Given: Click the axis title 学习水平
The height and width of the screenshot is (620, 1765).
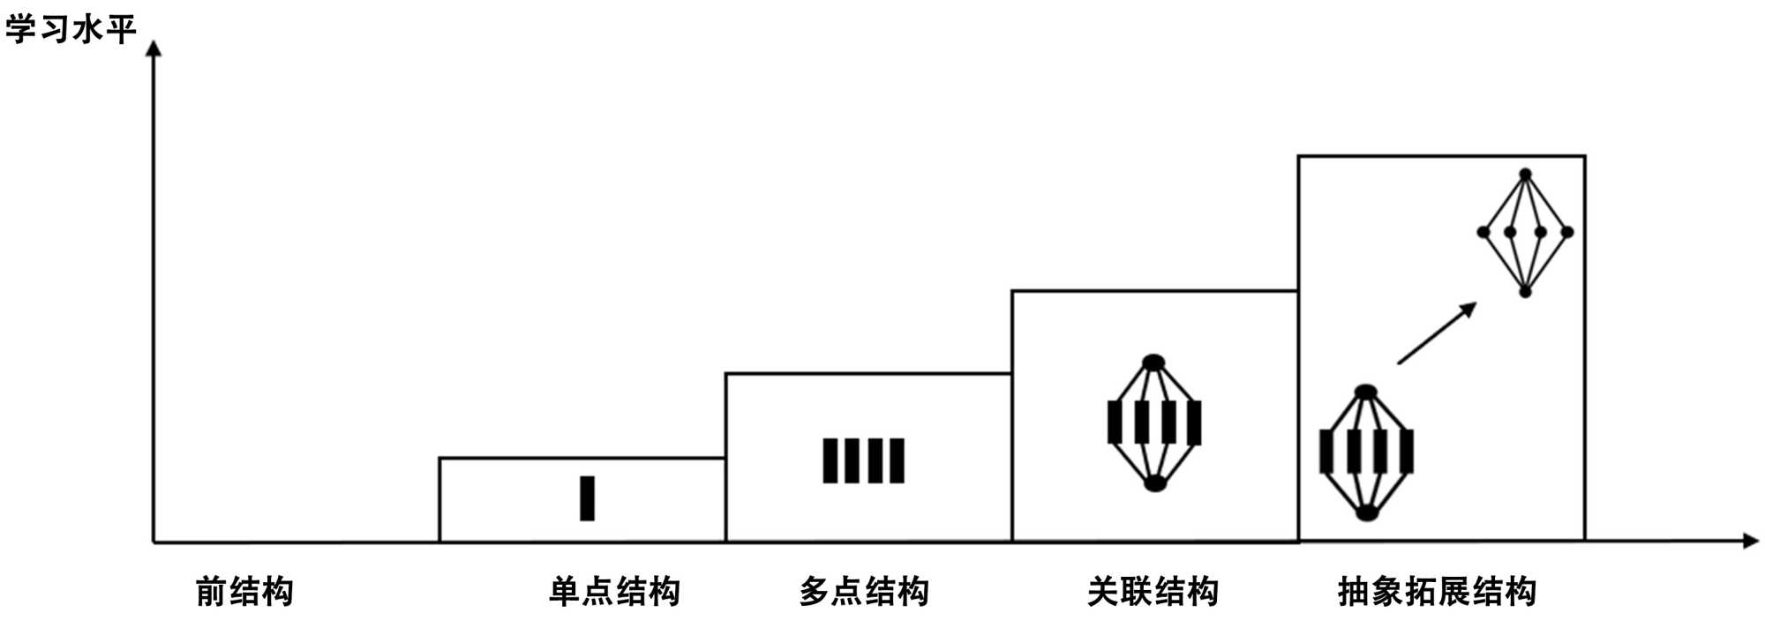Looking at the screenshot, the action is pyautogui.click(x=71, y=29).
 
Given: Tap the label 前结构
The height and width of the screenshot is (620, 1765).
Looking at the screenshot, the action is pyautogui.click(x=244, y=591).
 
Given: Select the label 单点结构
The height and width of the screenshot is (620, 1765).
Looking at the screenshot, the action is pyautogui.click(x=614, y=591).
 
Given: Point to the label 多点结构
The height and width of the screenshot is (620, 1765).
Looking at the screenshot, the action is pyautogui.click(x=864, y=591).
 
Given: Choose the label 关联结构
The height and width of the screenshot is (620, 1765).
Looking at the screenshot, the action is pyautogui.click(x=1153, y=591).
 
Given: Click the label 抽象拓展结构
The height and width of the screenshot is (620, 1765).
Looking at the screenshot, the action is pyautogui.click(x=1437, y=591).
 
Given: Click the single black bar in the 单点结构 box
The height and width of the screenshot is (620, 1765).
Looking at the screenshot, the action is pyautogui.click(x=587, y=498).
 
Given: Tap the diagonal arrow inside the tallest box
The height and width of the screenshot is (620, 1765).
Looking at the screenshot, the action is pyautogui.click(x=1437, y=333).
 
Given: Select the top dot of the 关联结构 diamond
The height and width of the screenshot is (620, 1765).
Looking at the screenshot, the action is pyautogui.click(x=1153, y=362).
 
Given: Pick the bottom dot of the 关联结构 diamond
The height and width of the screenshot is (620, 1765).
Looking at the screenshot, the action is pyautogui.click(x=1155, y=483).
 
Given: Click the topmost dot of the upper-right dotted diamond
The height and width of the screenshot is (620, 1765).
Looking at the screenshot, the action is pyautogui.click(x=1525, y=175).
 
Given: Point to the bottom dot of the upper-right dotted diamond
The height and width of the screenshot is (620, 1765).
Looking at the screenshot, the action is pyautogui.click(x=1525, y=291).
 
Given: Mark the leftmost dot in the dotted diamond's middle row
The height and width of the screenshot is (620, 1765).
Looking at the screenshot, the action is pyautogui.click(x=1483, y=233).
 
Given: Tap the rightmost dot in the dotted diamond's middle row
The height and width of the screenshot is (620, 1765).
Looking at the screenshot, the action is pyautogui.click(x=1567, y=233).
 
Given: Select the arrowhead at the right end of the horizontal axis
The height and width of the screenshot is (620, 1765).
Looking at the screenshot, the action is pyautogui.click(x=1751, y=541).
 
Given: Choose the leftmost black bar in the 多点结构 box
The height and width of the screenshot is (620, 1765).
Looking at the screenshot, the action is pyautogui.click(x=830, y=460).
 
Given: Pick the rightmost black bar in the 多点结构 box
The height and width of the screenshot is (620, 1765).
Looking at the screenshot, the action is pyautogui.click(x=898, y=460).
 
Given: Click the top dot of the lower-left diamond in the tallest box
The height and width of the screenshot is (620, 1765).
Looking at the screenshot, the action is pyautogui.click(x=1365, y=392).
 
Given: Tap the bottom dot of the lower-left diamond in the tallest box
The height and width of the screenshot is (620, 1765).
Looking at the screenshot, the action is pyautogui.click(x=1367, y=512).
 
